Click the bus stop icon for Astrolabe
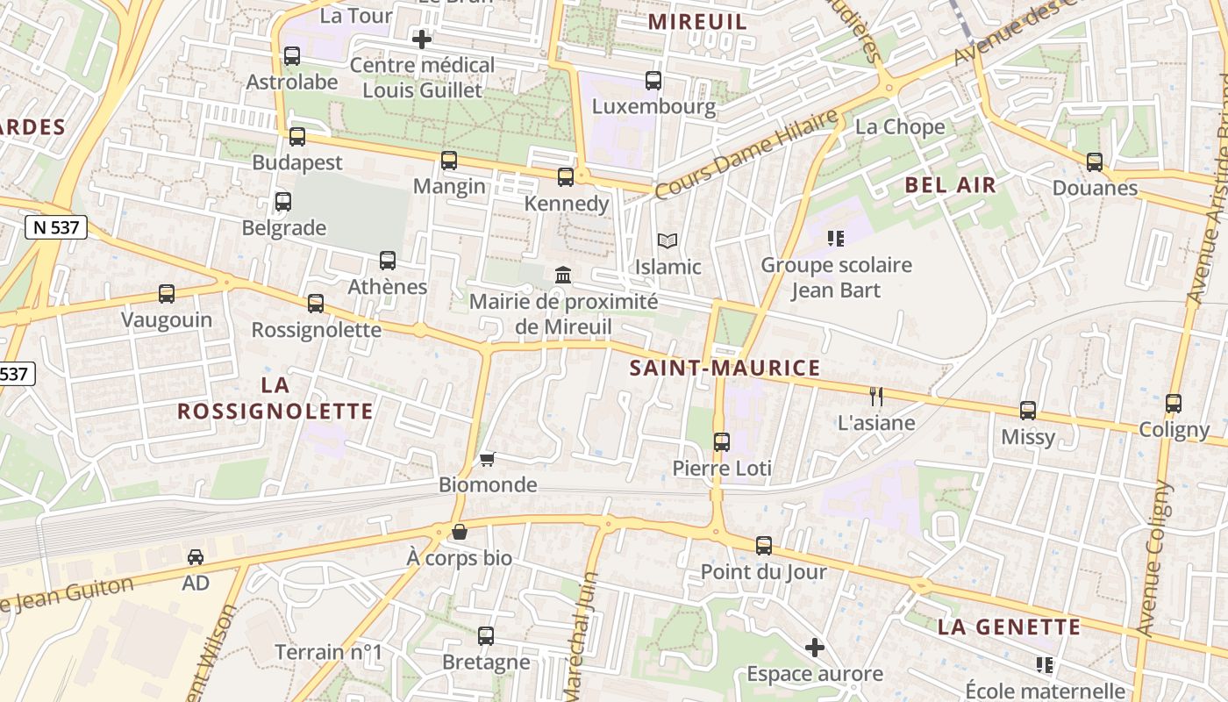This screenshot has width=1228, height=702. (292, 56)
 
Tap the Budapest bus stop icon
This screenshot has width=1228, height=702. (297, 137)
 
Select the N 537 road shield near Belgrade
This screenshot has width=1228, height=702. (56, 227)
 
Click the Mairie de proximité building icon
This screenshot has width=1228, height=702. (563, 276)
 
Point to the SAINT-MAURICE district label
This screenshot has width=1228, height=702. (725, 368)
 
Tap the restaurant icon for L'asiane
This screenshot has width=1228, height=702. (875, 396)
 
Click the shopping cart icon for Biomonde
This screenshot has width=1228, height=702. (488, 459)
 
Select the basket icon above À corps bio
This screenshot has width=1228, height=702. (459, 532)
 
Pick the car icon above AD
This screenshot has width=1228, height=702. (196, 556)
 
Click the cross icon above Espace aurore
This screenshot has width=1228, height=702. (815, 648)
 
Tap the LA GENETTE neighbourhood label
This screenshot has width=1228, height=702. (1009, 627)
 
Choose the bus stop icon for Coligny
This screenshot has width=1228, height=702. (1174, 404)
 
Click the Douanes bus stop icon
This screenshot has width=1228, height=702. (1095, 162)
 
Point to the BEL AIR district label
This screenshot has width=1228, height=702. (951, 185)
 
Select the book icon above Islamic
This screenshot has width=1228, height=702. (668, 240)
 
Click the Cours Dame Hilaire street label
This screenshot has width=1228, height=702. (746, 154)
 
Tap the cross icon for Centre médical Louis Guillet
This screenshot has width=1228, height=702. (422, 39)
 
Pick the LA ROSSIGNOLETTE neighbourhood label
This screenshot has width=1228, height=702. (275, 398)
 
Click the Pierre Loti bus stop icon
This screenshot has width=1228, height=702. (722, 442)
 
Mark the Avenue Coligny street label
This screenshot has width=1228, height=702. (1155, 557)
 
